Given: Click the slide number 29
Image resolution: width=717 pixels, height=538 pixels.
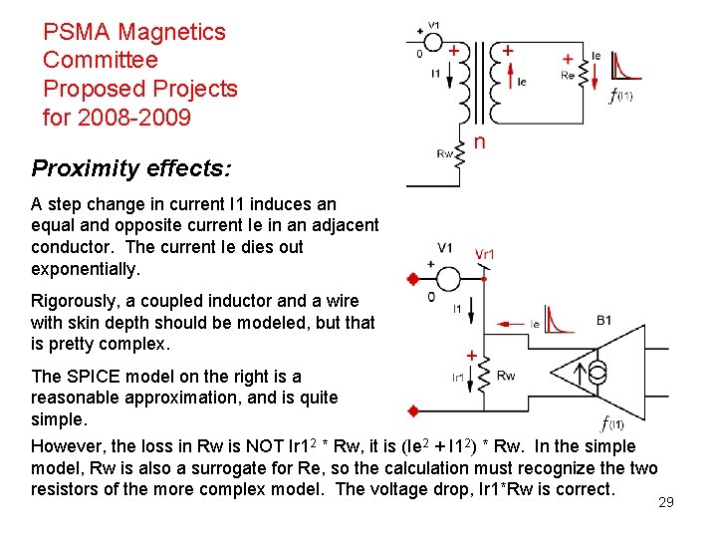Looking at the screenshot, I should (666, 502).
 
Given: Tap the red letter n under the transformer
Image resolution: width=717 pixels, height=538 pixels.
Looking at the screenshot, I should (479, 142).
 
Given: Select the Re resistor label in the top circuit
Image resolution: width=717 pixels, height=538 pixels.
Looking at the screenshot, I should (567, 75).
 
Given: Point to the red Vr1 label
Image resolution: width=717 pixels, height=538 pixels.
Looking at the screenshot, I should (485, 254).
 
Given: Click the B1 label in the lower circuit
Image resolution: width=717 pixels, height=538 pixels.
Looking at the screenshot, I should (603, 320).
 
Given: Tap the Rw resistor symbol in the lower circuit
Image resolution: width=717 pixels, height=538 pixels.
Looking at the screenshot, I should (483, 376).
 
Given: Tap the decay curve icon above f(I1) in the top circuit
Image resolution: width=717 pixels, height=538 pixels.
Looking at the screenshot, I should (626, 67).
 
